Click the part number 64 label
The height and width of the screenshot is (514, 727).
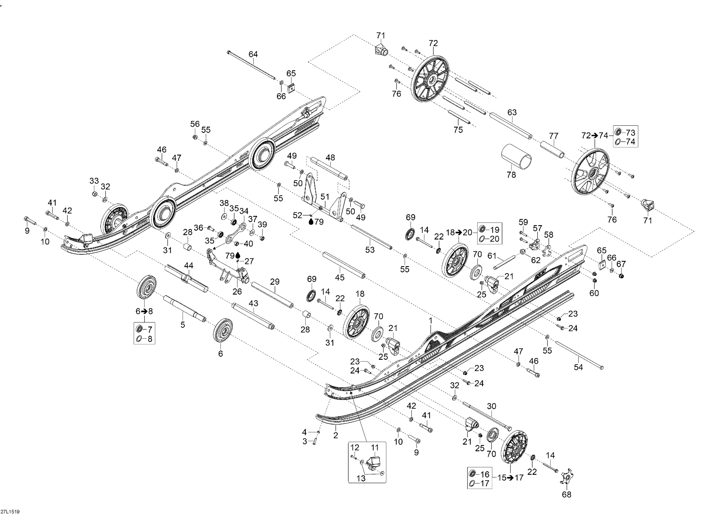click(253, 54)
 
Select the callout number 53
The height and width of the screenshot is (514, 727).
click(370, 250)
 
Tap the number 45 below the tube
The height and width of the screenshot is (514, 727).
click(340, 278)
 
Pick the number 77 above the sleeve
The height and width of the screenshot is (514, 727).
click(553, 136)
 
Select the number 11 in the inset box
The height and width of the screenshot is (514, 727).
click(375, 448)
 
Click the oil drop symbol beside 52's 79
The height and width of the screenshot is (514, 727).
click(311, 222)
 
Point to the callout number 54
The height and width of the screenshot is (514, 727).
click(578, 367)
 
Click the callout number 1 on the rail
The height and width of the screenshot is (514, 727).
click(430, 321)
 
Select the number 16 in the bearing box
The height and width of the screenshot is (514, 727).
click(485, 474)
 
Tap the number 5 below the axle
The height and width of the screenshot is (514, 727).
click(183, 325)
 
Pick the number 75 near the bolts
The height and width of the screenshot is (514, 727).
click(458, 130)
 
